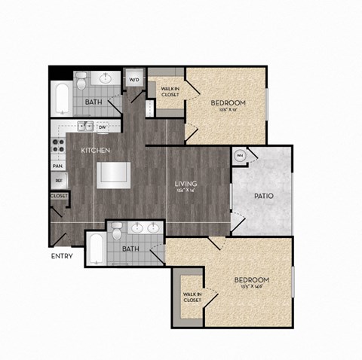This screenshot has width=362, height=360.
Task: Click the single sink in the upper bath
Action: coord(105,78)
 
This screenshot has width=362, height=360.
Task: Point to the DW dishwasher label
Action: coord(102,127)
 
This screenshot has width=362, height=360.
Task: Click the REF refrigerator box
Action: coord(57,181)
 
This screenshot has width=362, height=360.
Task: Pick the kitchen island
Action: coord(114,173)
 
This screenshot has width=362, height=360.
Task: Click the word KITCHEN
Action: coord(97,151)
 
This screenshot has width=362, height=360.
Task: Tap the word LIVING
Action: coord(186,183)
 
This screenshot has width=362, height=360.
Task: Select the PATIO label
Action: coord(264,196)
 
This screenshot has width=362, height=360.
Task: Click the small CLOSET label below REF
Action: coord(58,196)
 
